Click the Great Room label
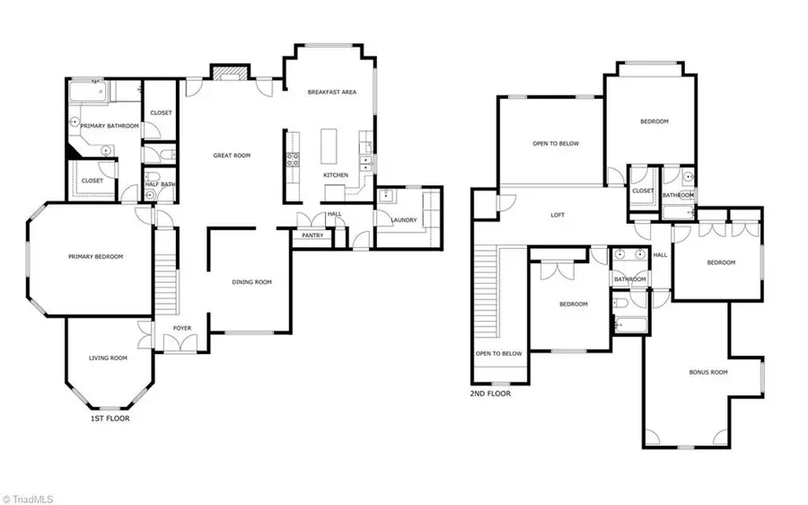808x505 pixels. click(232, 155)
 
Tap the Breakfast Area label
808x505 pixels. click(332, 92)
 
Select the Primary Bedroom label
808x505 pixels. click(95, 256)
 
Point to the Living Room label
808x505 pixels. click(108, 359)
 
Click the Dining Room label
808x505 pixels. click(251, 282)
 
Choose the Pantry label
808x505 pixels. click(312, 235)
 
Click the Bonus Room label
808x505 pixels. click(707, 371)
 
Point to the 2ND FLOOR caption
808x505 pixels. click(490, 393)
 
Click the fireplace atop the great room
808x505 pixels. click(227, 72)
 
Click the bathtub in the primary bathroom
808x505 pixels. click(90, 91)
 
